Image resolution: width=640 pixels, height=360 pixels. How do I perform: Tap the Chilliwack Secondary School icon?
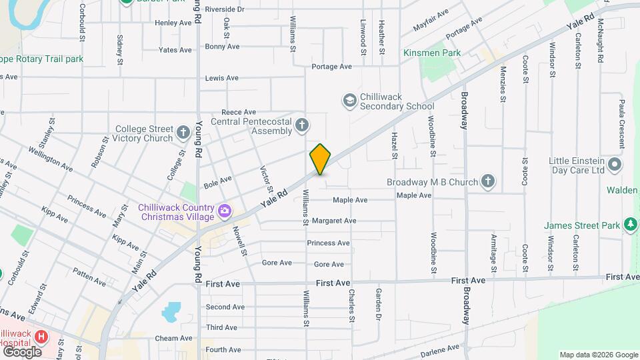click(349, 101)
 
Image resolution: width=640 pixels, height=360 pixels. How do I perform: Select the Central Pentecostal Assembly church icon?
click(302, 125)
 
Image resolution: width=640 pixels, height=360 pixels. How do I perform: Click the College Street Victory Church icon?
click(184, 133)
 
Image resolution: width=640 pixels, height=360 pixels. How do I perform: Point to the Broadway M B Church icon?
click(488, 181)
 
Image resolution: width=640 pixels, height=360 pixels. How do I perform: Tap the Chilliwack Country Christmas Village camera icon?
click(225, 211)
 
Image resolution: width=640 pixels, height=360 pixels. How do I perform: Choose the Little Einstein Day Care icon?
click(614, 165)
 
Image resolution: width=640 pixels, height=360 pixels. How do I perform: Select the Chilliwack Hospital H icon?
click(41, 337)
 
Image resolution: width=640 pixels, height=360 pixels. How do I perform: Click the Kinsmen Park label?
click(432, 52)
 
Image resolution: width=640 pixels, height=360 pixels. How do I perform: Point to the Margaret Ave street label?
click(334, 221)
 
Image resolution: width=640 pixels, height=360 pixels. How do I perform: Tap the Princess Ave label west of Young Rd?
click(86, 207)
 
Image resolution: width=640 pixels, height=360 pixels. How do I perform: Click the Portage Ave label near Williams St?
click(331, 67)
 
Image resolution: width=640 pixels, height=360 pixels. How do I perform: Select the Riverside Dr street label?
click(225, 9)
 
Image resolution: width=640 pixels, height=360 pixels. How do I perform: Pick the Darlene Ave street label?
click(441, 348)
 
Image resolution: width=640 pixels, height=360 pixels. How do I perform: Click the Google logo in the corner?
click(22, 351)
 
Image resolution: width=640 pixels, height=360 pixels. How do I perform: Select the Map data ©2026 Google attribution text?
click(597, 355)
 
